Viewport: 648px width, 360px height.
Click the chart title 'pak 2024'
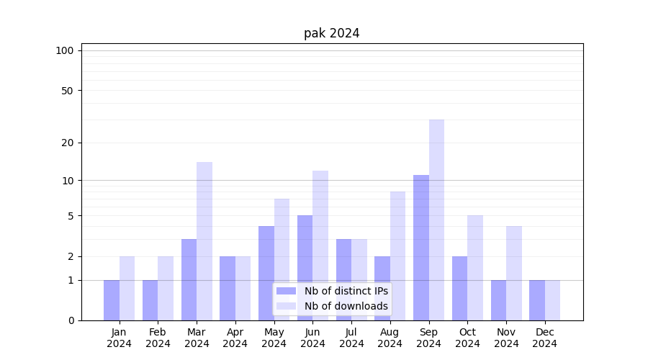coord(331,33)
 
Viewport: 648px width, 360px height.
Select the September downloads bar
coord(436,220)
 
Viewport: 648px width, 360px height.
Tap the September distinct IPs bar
coord(421,248)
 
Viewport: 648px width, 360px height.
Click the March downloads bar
coord(204,241)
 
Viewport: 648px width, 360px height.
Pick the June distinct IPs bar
coord(305,268)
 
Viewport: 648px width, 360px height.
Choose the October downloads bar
coord(475,268)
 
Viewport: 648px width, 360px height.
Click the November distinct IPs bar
coord(498,300)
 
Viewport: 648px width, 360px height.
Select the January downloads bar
coord(127,288)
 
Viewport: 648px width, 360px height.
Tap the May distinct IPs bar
coord(266,273)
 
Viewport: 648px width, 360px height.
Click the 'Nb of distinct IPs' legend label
coord(346,291)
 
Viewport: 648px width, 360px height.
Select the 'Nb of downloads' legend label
coord(346,306)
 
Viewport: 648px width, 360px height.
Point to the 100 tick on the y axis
coord(65,50)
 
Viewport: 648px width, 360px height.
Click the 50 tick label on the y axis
coord(67,91)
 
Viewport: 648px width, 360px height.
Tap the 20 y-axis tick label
coord(67,143)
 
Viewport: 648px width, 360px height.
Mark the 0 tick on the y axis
coord(71,320)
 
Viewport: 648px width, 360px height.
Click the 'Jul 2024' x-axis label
coord(351,338)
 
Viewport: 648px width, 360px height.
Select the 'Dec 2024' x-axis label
coord(544,338)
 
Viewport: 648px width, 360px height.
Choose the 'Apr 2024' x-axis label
coord(235,338)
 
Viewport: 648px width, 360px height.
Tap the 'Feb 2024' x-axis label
coord(158,338)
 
